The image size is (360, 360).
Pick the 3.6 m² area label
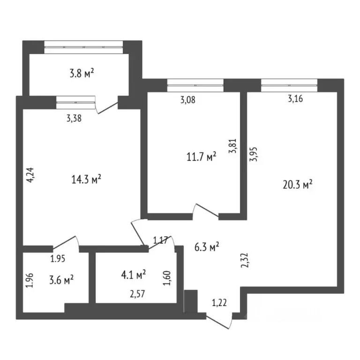[x=62, y=280]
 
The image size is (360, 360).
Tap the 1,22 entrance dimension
[x=219, y=303]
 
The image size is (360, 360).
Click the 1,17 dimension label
[x=161, y=241]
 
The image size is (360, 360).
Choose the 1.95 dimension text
[x=57, y=257]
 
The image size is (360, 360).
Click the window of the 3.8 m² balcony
[x=83, y=45]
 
